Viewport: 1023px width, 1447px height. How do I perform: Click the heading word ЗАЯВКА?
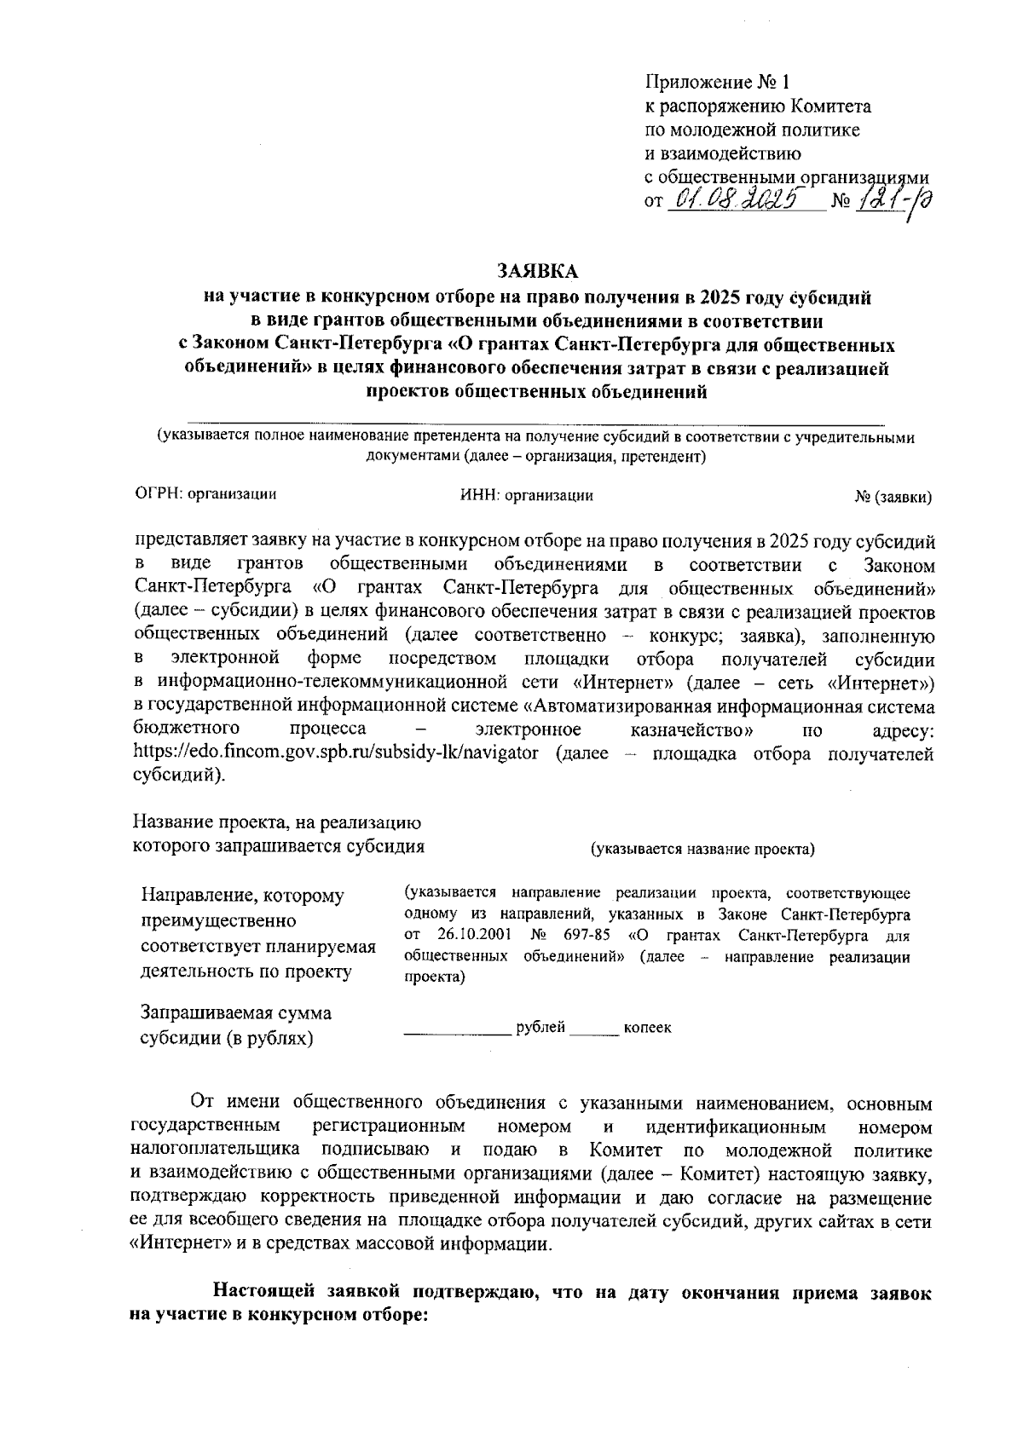(x=537, y=272)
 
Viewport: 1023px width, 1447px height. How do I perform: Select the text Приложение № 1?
(x=718, y=83)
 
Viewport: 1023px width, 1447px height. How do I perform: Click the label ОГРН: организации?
(x=206, y=493)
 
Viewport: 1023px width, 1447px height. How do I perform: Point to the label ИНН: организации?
(x=526, y=495)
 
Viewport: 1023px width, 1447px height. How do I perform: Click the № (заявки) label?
(x=893, y=497)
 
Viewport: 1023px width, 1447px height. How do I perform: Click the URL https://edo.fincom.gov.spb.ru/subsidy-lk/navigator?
(x=337, y=754)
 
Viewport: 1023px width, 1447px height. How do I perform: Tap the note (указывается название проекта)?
(x=702, y=849)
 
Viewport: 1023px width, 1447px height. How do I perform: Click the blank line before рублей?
(x=458, y=1033)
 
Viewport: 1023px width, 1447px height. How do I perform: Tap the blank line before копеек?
(x=594, y=1033)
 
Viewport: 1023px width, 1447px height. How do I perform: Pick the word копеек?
(x=647, y=1028)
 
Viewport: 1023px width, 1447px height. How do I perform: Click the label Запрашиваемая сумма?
(x=236, y=1013)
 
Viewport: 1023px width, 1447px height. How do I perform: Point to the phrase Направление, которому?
(x=243, y=896)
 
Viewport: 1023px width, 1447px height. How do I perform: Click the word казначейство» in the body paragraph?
(x=691, y=730)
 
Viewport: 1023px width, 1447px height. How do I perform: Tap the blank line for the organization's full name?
(x=535, y=422)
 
